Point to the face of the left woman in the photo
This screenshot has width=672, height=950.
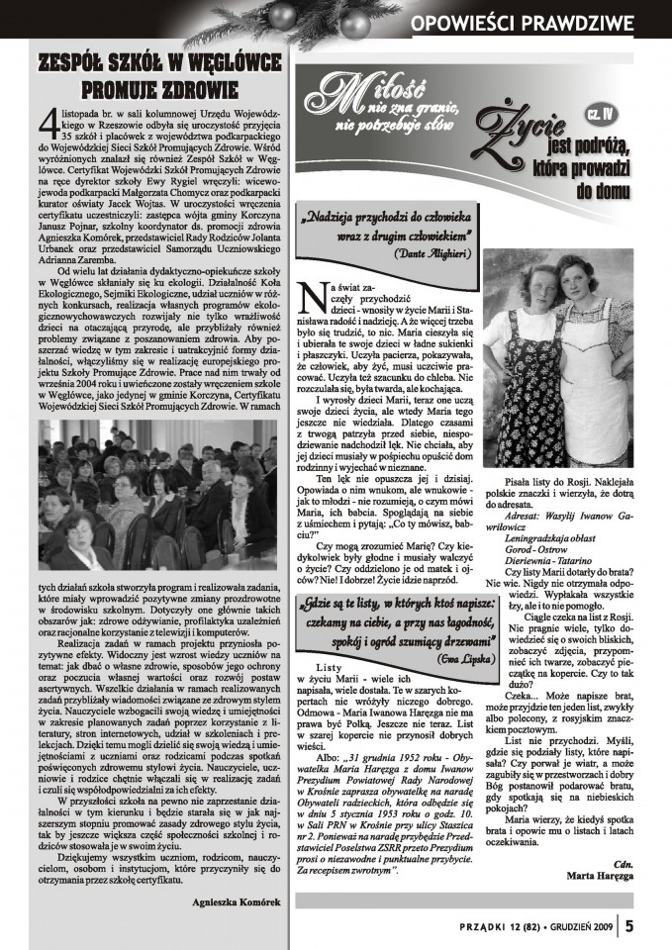point(534,271)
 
